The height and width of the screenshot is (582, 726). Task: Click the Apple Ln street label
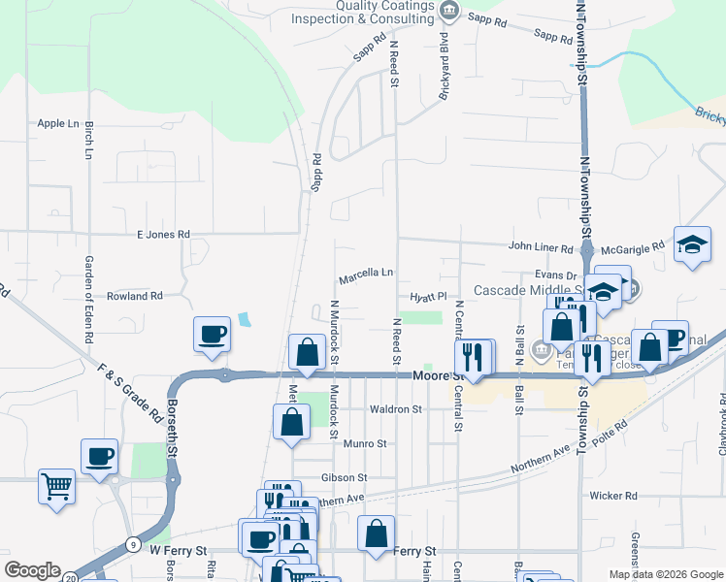coord(57,123)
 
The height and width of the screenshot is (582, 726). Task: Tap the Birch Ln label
coord(88,140)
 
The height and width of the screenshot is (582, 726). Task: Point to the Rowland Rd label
coord(134,295)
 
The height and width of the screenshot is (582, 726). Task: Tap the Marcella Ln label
coord(366,277)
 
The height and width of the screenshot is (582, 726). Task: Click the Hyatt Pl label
coord(427,297)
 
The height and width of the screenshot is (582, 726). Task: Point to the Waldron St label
coord(396,409)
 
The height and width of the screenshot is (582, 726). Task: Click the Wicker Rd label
coord(613,495)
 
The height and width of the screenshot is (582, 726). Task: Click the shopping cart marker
coord(57,485)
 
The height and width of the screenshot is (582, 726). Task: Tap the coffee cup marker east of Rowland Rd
coord(212,335)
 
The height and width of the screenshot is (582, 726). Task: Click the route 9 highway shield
coord(131,544)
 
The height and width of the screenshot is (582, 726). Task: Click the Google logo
coord(32,570)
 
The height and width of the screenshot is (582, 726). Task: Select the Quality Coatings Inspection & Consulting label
coord(385,12)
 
